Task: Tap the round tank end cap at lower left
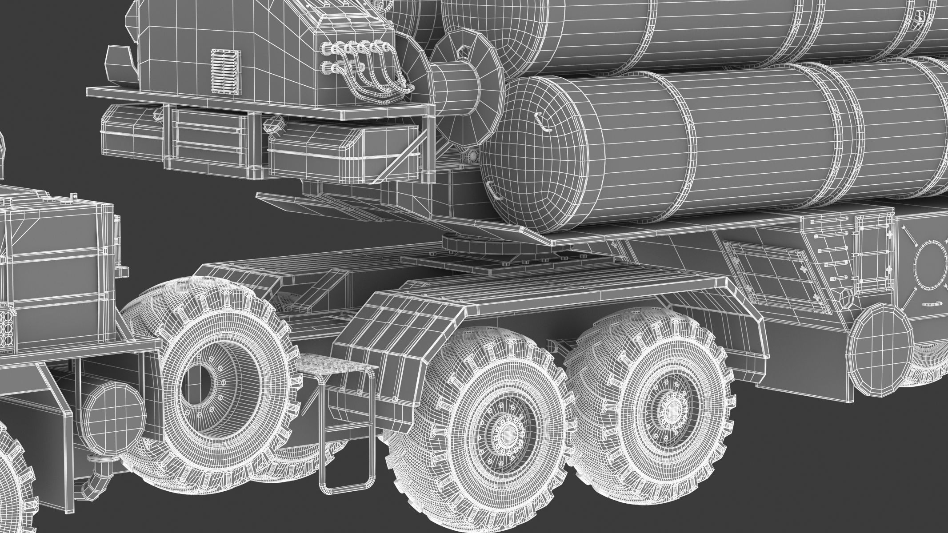[x=113, y=409]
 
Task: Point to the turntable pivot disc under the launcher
[x=462, y=245]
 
